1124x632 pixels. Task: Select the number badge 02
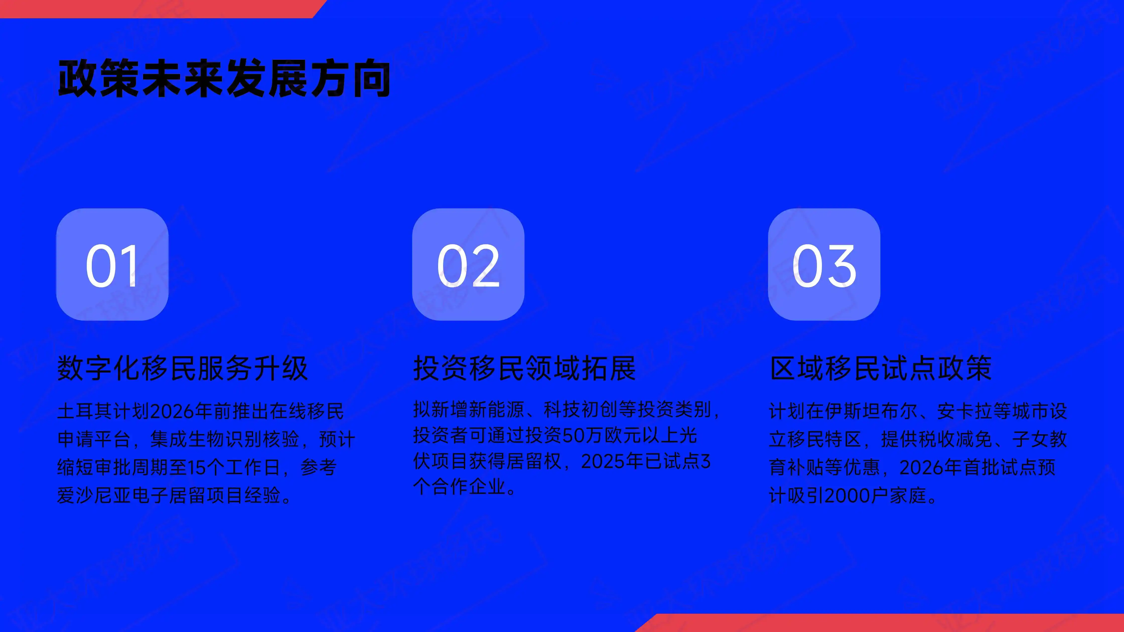click(x=468, y=264)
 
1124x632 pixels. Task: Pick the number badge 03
click(x=824, y=264)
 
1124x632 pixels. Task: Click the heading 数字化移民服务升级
click(x=182, y=368)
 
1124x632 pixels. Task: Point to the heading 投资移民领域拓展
click(x=524, y=368)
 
